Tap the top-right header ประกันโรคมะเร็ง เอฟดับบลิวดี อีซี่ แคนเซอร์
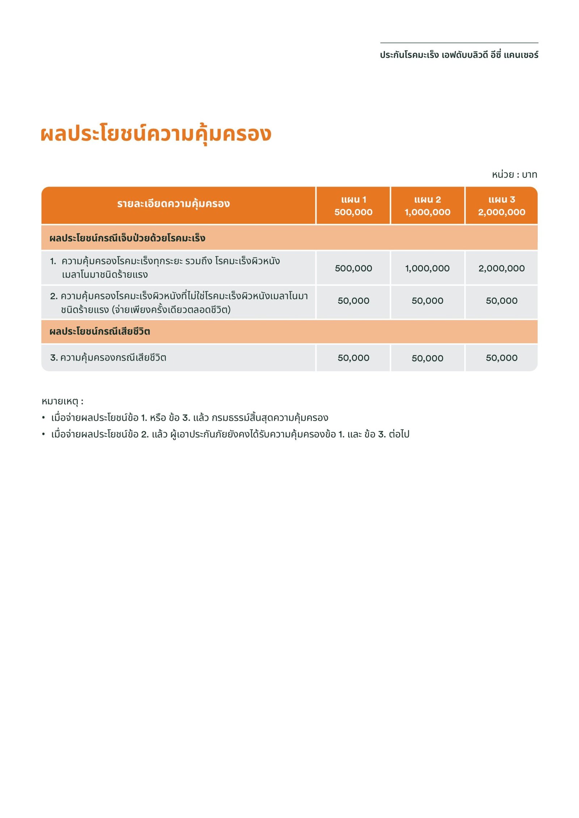[x=459, y=55]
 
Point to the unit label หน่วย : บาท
[x=514, y=175]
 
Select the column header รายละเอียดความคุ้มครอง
[x=173, y=204]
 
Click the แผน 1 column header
[x=353, y=205]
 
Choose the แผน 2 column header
[x=427, y=205]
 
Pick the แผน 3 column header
[x=501, y=205]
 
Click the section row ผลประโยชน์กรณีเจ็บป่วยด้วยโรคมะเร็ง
[x=127, y=238]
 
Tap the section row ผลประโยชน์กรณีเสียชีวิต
[x=100, y=331]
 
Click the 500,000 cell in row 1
[x=353, y=268]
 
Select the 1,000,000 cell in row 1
[x=427, y=268]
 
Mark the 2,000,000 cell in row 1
[x=501, y=268]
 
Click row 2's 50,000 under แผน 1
[x=353, y=301]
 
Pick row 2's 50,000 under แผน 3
[x=501, y=301]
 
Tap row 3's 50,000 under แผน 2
[x=427, y=358]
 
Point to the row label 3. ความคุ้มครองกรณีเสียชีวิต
[x=108, y=358]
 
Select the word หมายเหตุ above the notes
[x=60, y=401]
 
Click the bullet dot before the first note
[x=43, y=418]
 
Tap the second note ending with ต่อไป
[x=230, y=434]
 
